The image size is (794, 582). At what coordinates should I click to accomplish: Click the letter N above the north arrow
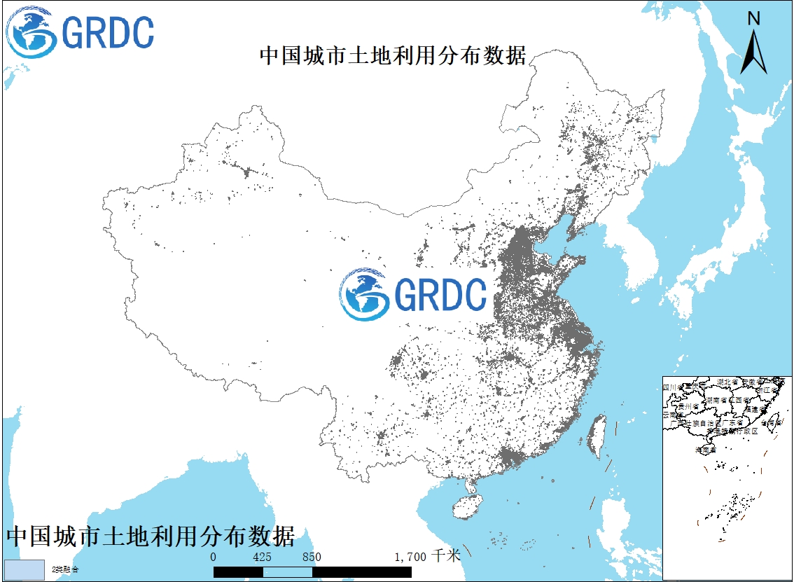754,19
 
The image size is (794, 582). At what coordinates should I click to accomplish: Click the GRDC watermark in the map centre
413,294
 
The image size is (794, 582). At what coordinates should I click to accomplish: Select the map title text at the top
393,56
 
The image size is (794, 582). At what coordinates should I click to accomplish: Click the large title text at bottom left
150,536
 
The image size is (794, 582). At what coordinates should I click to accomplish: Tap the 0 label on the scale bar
214,557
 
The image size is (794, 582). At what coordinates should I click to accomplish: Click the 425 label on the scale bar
263,557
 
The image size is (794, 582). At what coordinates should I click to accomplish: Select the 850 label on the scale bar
312,557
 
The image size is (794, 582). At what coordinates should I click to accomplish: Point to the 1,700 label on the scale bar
411,557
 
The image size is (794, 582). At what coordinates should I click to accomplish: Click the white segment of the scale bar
287,571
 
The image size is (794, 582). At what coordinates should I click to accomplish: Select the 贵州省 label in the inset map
679,406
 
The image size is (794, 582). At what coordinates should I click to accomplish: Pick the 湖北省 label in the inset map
729,382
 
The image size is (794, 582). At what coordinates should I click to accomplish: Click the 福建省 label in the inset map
755,408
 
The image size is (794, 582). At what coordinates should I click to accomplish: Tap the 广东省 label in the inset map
731,423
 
